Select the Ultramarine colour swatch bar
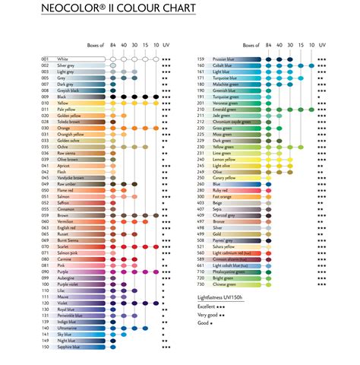[90, 328]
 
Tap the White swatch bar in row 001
[90, 59]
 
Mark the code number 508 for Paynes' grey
[201, 240]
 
